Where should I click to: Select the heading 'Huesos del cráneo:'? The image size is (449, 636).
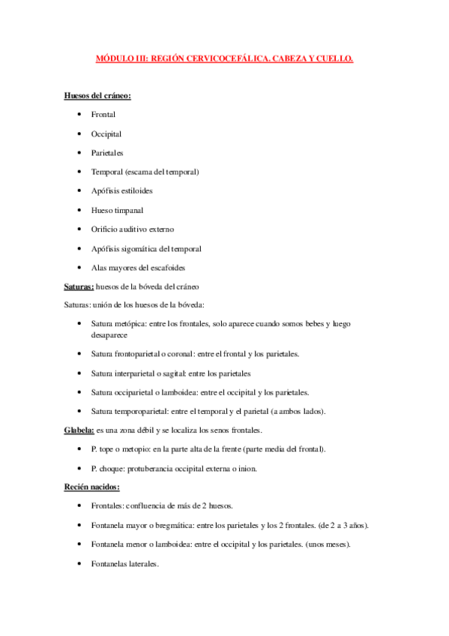click(97, 96)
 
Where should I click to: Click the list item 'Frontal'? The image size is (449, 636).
click(103, 115)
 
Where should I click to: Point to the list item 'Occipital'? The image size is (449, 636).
click(106, 134)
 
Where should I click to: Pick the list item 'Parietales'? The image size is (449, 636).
click(107, 153)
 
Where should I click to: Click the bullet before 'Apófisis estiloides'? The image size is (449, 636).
click(79, 191)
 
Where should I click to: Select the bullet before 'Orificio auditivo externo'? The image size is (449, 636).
click(79, 229)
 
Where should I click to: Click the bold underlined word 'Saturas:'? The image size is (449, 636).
click(79, 287)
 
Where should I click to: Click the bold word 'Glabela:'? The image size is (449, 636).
click(79, 430)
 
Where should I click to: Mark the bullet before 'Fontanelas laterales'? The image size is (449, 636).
click(79, 564)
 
